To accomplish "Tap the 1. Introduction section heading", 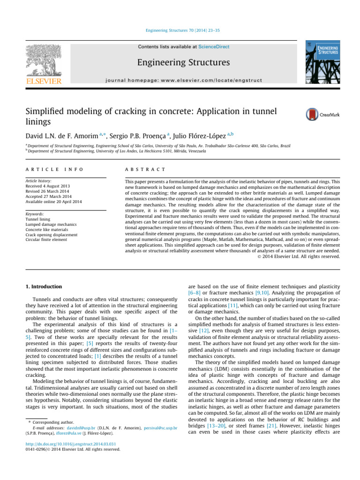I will (x=43, y=286).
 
